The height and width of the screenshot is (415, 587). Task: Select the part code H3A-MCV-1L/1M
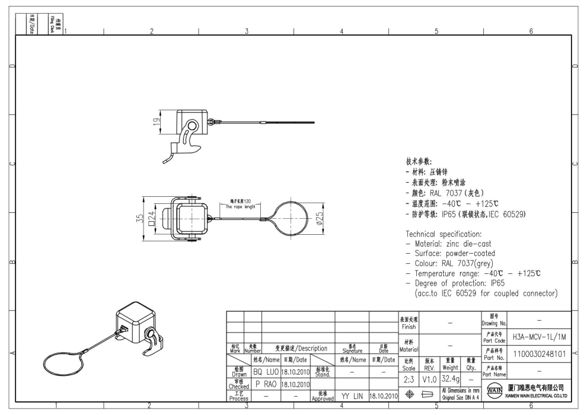tap(539, 337)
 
